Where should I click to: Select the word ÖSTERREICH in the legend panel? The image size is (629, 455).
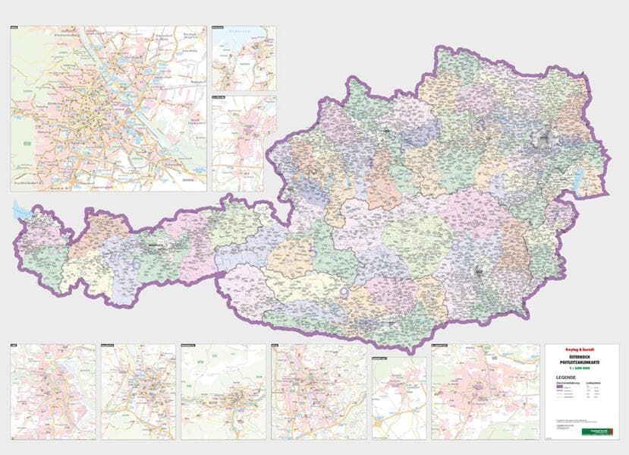click(581, 359)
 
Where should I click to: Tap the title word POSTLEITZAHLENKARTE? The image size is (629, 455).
click(581, 365)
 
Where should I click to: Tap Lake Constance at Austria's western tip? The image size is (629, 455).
click(20, 210)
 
